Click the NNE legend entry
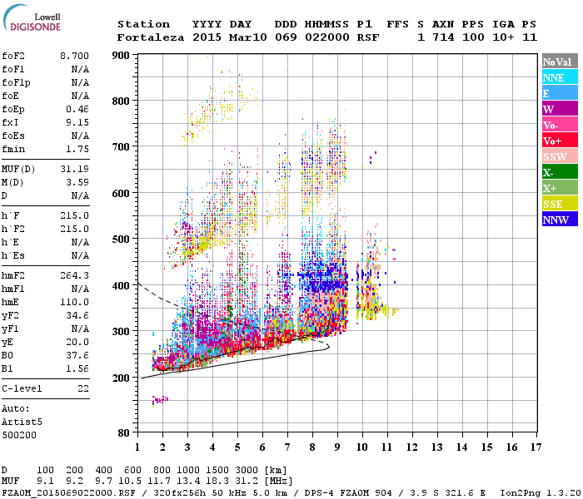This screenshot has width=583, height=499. [x=559, y=77]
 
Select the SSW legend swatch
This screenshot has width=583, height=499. [x=559, y=156]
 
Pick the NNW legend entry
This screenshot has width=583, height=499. [x=559, y=220]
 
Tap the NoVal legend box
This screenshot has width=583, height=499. [x=559, y=62]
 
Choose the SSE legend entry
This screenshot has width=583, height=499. [x=559, y=204]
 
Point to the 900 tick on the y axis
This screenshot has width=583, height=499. [x=122, y=55]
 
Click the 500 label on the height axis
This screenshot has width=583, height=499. [x=122, y=240]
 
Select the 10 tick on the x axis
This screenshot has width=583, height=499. [x=361, y=447]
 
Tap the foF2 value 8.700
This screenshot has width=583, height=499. [x=74, y=54]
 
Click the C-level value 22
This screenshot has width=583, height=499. [x=82, y=388]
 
